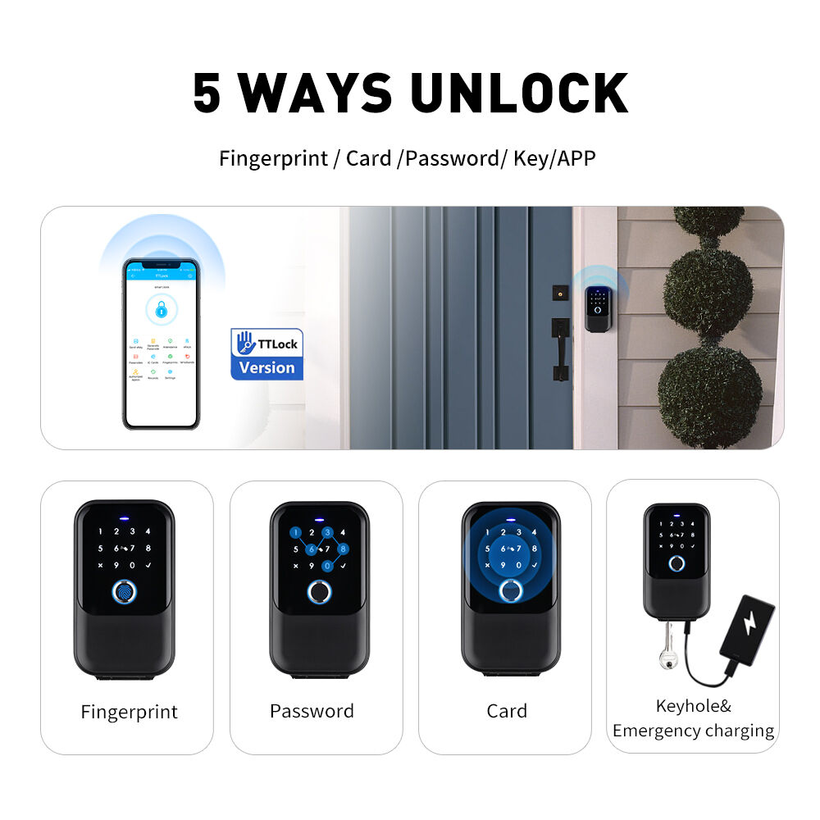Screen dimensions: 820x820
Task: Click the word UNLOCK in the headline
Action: point(519,93)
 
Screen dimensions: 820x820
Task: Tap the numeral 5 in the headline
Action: point(207,93)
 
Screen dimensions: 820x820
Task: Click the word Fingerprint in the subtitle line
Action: point(273,158)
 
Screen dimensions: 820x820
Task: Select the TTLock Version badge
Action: point(266,353)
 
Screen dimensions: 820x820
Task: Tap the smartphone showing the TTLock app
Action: point(161,344)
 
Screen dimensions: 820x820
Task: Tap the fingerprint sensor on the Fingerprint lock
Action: point(124,591)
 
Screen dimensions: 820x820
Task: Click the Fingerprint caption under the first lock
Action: point(129,711)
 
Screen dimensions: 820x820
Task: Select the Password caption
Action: point(312,711)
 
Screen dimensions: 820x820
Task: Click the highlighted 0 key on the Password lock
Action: point(327,566)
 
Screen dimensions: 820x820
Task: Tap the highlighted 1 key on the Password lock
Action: point(294,532)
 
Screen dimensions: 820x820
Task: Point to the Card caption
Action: point(507,711)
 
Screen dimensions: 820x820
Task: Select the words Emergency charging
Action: point(693,731)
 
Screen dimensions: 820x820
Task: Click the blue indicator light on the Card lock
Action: point(509,518)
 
